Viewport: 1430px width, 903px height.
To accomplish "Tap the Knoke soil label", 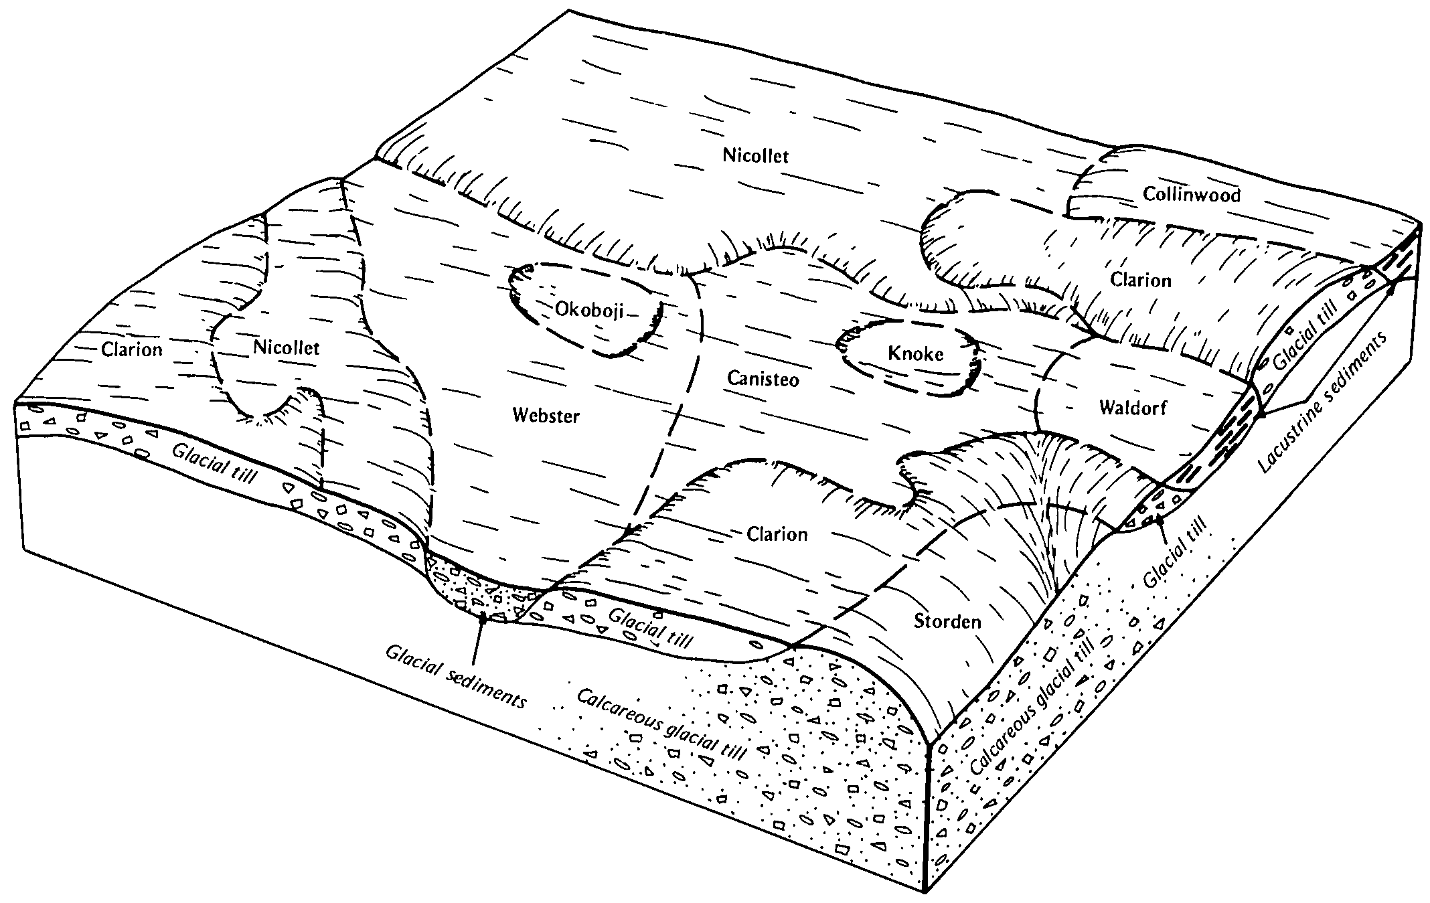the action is (915, 353).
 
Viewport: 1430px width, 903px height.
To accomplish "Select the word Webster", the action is (546, 416).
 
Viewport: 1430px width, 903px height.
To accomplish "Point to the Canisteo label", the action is (763, 380).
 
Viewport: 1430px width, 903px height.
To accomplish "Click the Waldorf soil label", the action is (1133, 407).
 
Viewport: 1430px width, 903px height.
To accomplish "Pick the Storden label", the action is (947, 621).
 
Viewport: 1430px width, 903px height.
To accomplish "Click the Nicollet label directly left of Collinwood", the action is (756, 155).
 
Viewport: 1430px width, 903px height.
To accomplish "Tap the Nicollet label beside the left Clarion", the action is (287, 347).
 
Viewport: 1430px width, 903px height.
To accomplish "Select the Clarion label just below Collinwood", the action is (1141, 279).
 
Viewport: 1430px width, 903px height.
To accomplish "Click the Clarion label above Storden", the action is (777, 534).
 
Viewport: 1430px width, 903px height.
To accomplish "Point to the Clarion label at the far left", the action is (132, 349).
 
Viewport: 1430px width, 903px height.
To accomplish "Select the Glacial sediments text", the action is (456, 677).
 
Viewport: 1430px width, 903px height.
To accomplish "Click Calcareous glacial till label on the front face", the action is (661, 724).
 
